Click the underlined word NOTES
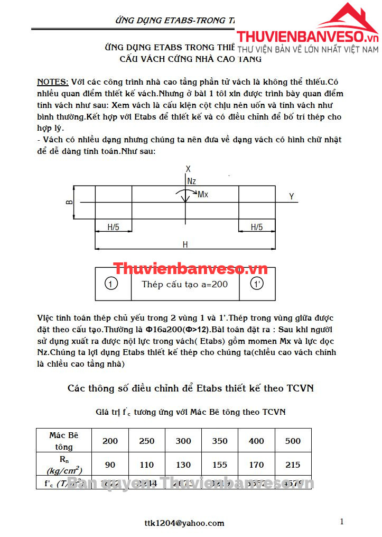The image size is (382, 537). pyautogui.click(x=52, y=82)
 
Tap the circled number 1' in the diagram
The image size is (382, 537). pyautogui.click(x=257, y=284)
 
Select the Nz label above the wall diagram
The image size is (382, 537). pyautogui.click(x=191, y=181)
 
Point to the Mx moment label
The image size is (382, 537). pyautogui.click(x=203, y=195)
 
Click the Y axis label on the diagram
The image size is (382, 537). pyautogui.click(x=291, y=197)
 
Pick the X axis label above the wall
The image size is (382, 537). pyautogui.click(x=188, y=169)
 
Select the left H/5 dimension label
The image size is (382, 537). pyautogui.click(x=114, y=227)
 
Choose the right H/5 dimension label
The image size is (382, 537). pyautogui.click(x=256, y=227)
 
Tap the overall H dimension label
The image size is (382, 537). pyautogui.click(x=185, y=244)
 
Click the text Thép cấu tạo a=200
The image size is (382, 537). pyautogui.click(x=185, y=284)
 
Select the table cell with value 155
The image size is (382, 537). pyautogui.click(x=220, y=465)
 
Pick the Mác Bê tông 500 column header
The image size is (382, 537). pyautogui.click(x=292, y=441)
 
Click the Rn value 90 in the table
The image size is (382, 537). pyautogui.click(x=110, y=465)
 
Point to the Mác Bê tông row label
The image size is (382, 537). pyautogui.click(x=63, y=441)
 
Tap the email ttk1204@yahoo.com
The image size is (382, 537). pyautogui.click(x=184, y=523)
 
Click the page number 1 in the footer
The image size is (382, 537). pyautogui.click(x=342, y=522)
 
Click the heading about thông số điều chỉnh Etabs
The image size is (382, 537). pyautogui.click(x=191, y=388)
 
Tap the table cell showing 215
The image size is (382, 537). pyautogui.click(x=292, y=465)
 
